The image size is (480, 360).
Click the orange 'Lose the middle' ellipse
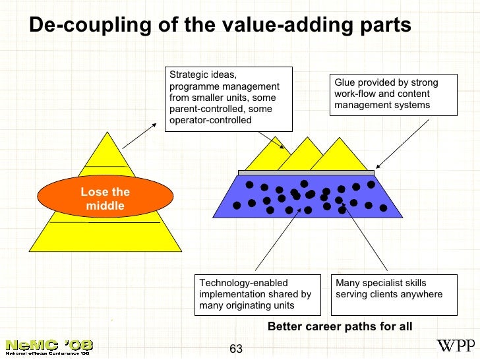point(105,199)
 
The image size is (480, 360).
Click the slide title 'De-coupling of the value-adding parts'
point(220,25)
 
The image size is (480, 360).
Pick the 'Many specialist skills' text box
point(394,294)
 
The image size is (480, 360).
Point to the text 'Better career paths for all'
point(340,326)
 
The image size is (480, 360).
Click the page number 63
point(236,348)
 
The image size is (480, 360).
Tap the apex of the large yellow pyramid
point(105,135)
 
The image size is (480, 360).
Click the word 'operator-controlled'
point(210,121)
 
